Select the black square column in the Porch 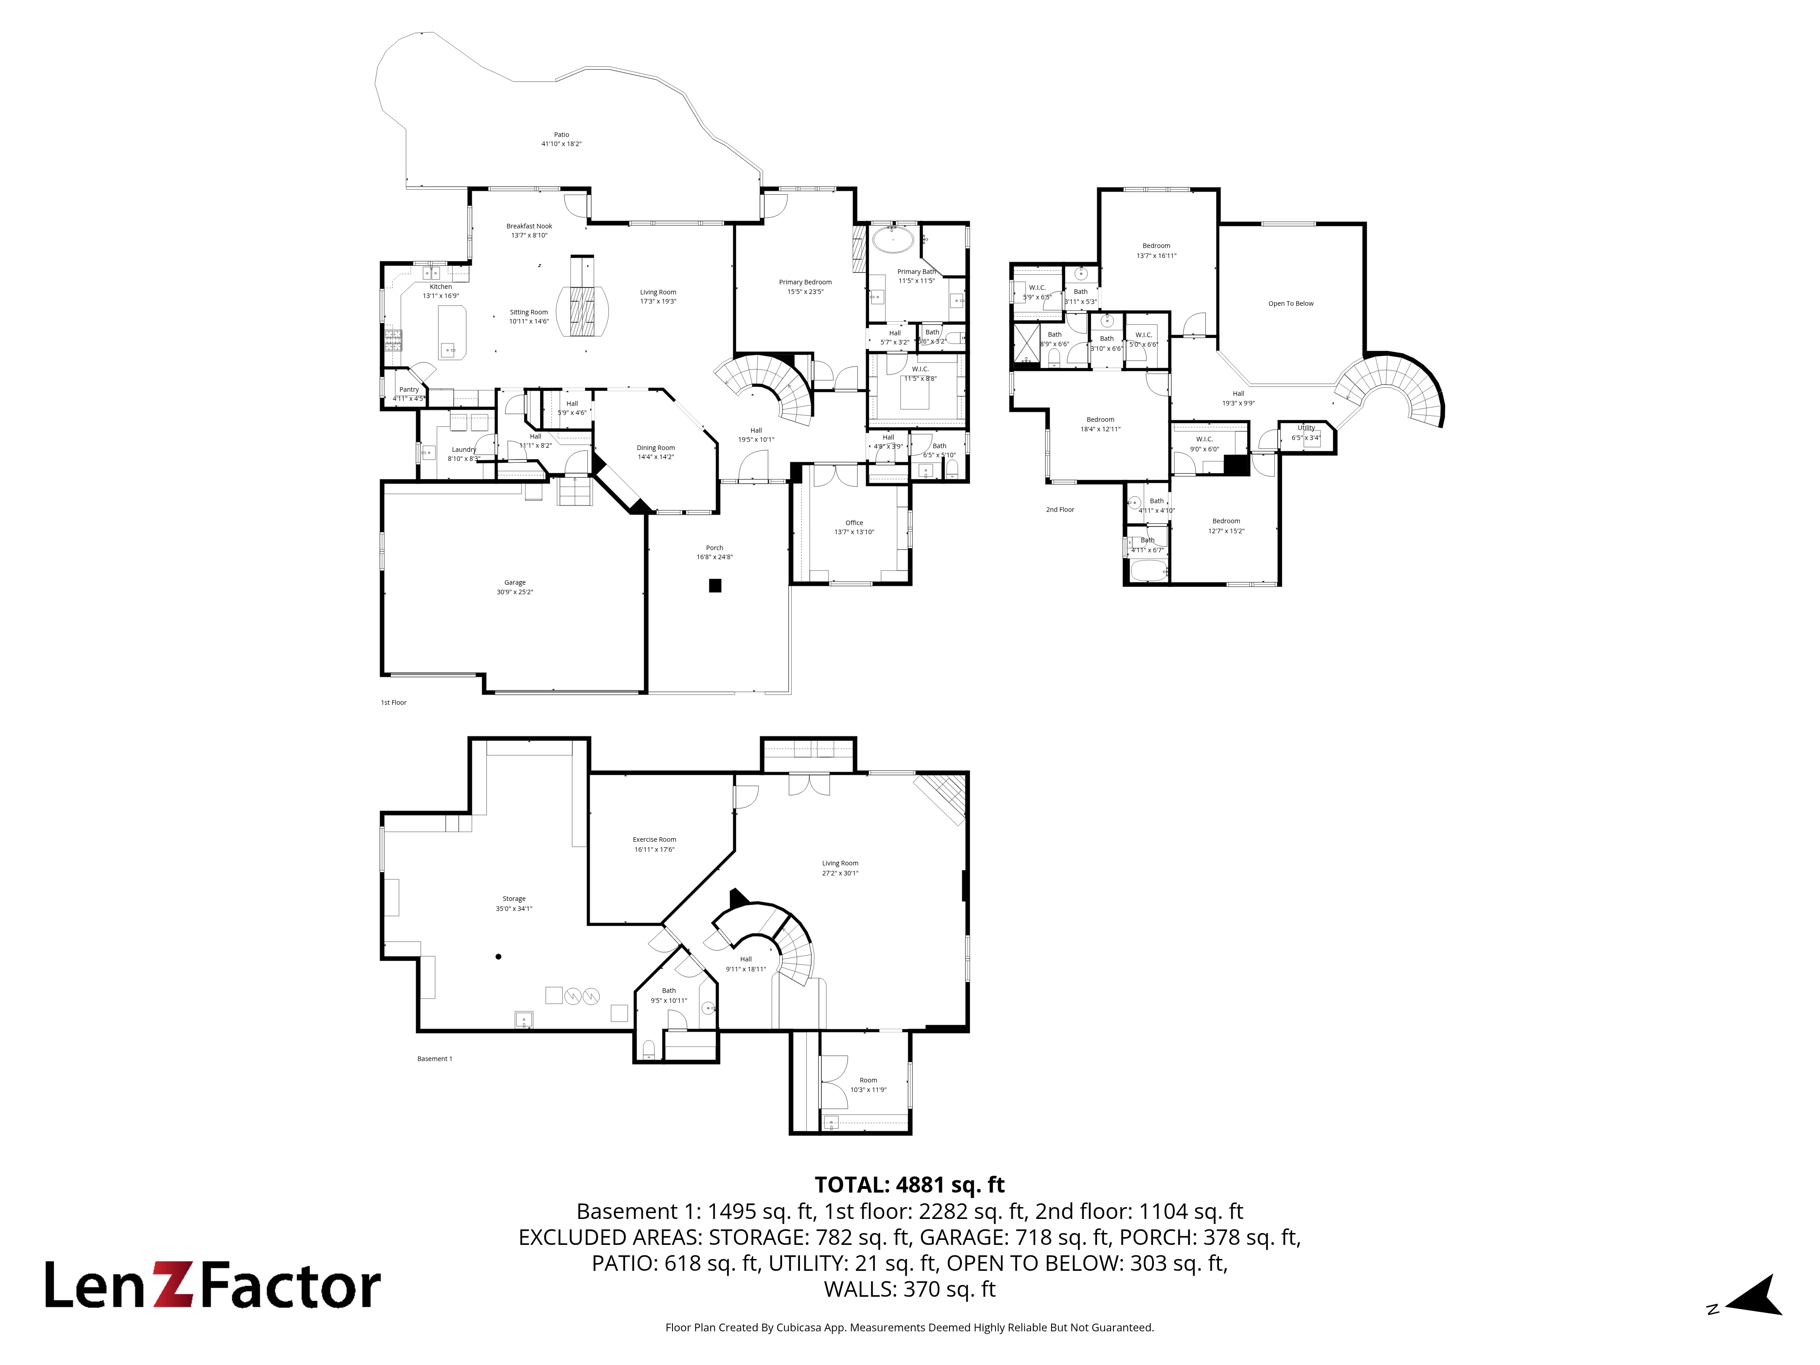715,586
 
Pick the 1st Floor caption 393,703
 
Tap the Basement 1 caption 435,1059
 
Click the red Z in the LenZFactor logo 174,1286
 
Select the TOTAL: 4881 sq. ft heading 909,1185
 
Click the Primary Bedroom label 805,282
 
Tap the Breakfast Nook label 529,226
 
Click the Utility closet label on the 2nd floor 1306,428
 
